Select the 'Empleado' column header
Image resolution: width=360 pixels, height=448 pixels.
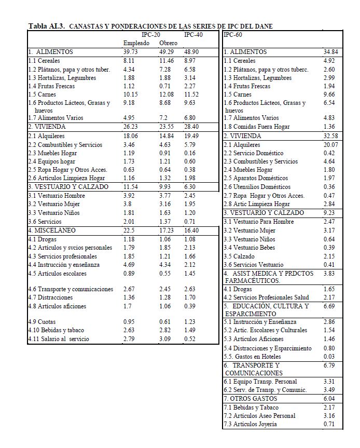(x=136, y=43)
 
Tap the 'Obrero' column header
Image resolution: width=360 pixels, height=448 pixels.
(x=168, y=43)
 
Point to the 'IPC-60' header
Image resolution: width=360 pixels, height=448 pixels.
(x=233, y=35)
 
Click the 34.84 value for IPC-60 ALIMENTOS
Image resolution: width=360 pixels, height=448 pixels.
(x=331, y=52)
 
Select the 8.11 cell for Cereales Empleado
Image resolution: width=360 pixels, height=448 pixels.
(x=130, y=61)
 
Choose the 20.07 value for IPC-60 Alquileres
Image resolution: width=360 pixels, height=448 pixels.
(x=330, y=145)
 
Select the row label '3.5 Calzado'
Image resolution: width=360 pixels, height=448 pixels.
(x=240, y=256)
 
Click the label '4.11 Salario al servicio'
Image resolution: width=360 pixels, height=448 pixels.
(x=59, y=339)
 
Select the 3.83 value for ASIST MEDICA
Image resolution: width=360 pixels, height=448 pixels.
(x=330, y=274)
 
